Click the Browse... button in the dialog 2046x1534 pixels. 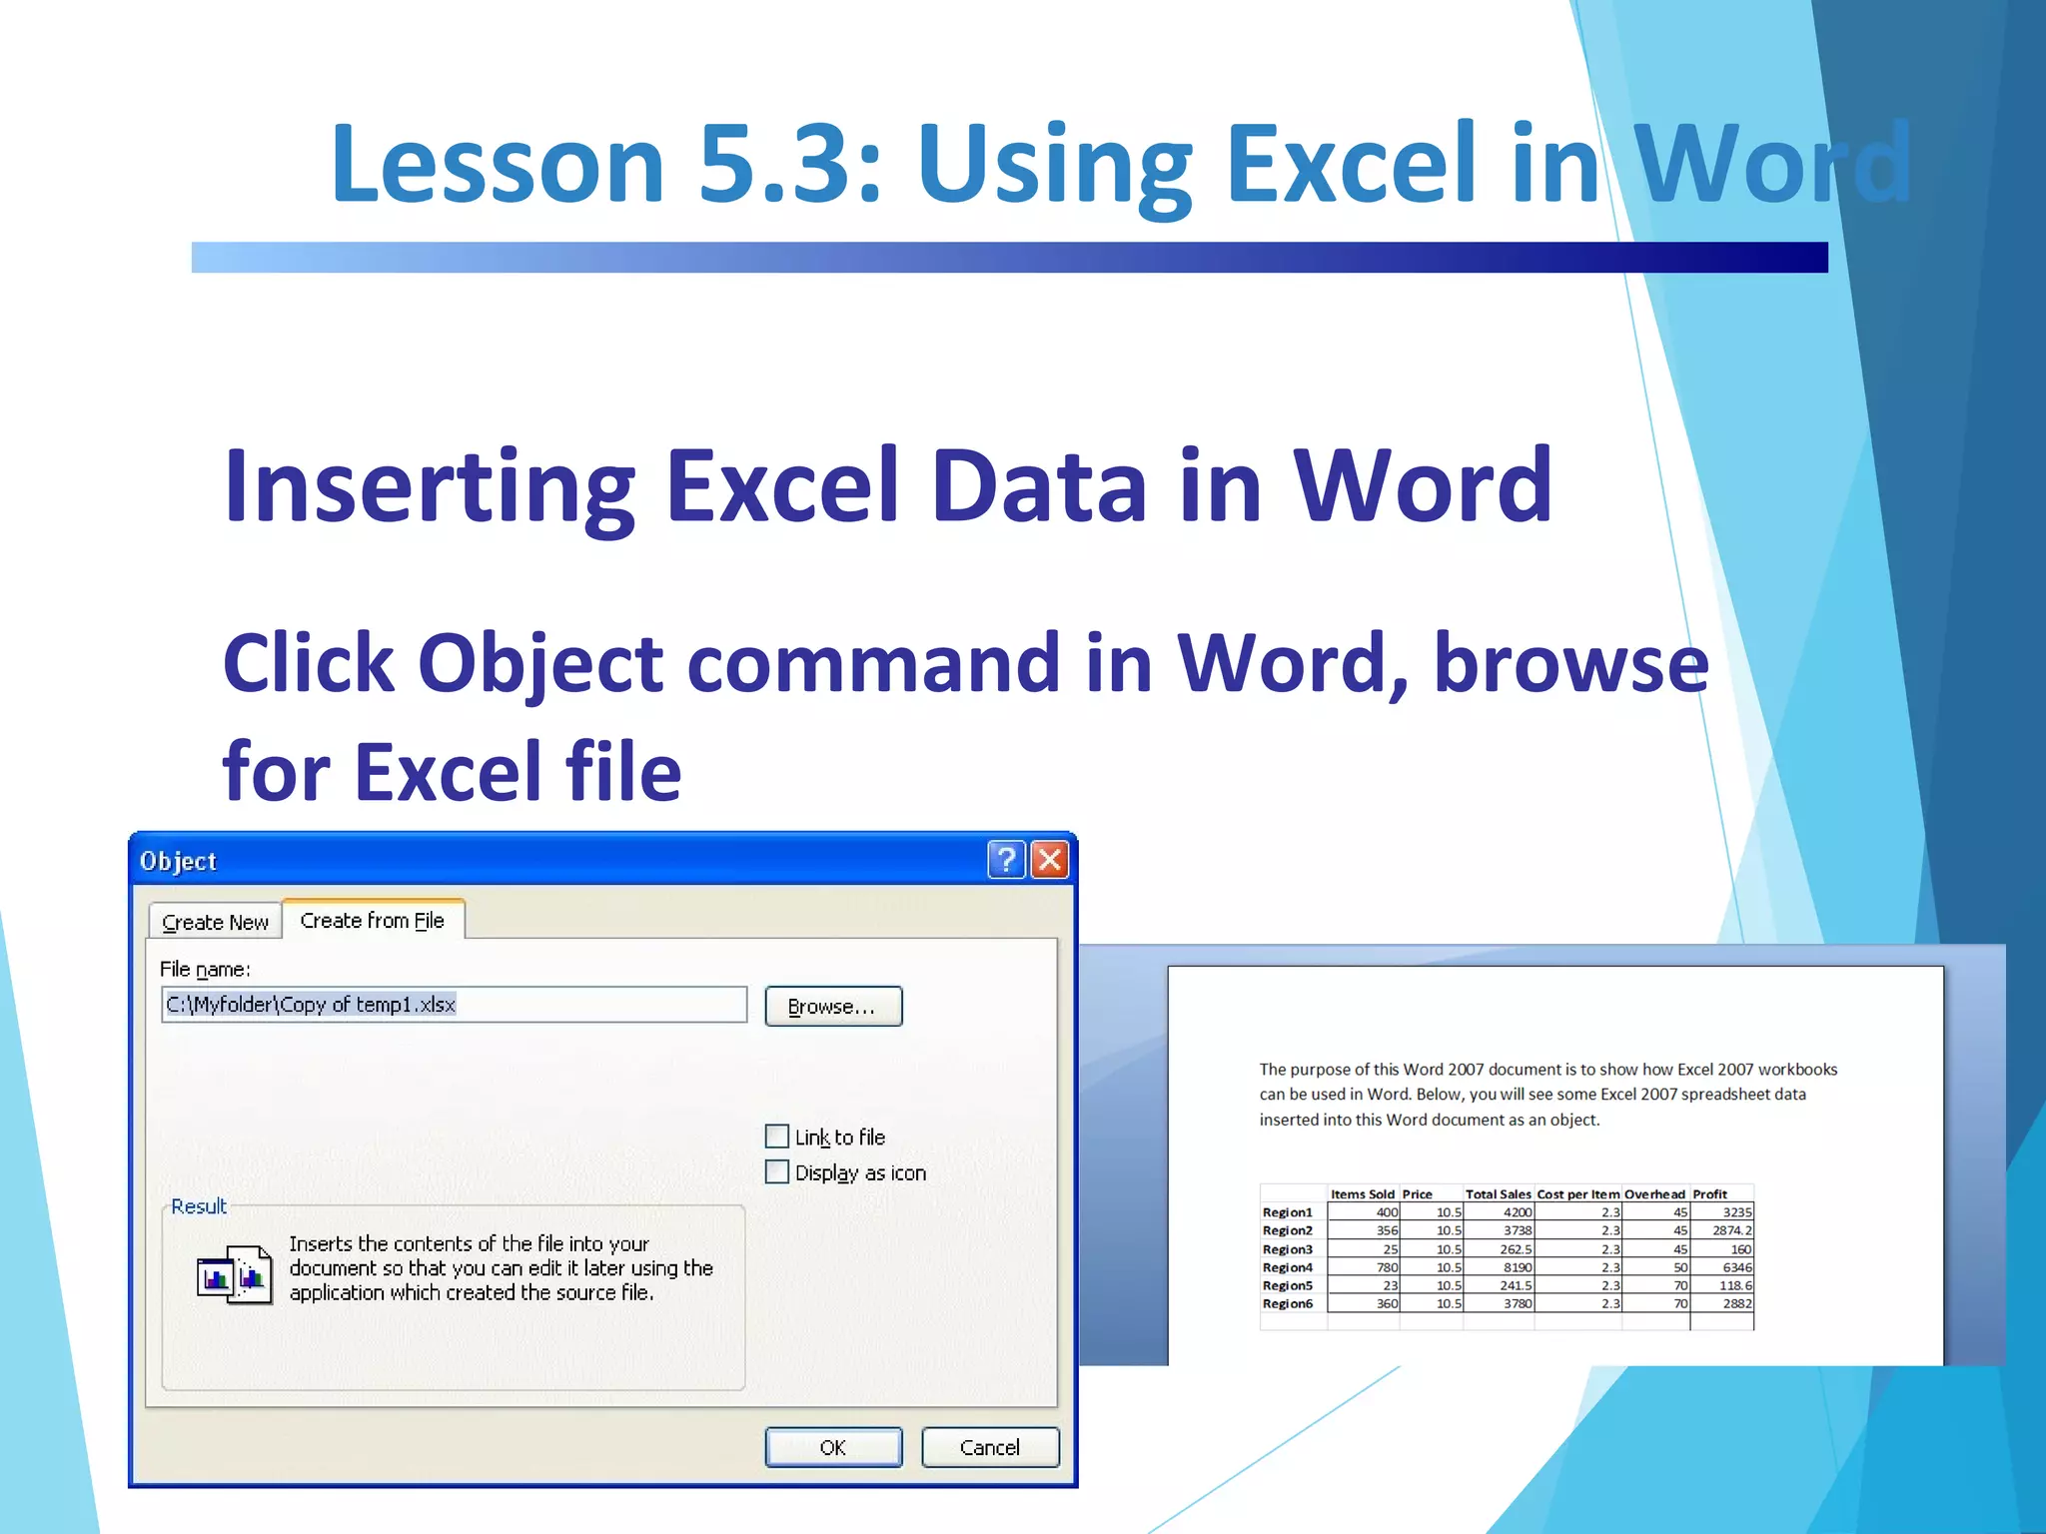click(x=833, y=1006)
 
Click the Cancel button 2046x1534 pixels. click(x=989, y=1447)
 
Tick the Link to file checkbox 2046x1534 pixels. click(x=777, y=1137)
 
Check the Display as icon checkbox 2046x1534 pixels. click(x=777, y=1171)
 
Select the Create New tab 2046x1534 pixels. click(x=215, y=922)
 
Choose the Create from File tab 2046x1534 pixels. click(x=373, y=920)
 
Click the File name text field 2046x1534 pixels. click(x=454, y=1005)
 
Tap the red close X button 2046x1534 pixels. click(x=1050, y=860)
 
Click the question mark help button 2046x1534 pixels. click(x=1006, y=860)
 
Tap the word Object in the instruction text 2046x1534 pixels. click(x=540, y=664)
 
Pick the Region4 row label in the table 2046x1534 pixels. click(x=1287, y=1267)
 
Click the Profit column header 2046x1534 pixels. click(x=1709, y=1194)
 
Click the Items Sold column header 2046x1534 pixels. click(x=1363, y=1194)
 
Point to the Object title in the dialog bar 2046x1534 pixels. click(x=178, y=861)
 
